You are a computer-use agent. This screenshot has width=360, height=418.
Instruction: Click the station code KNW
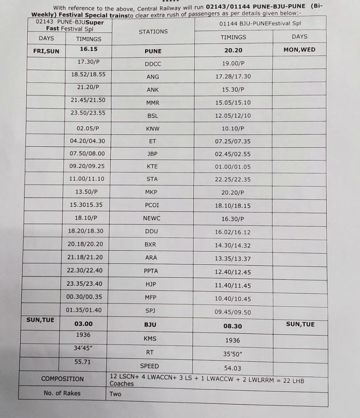tap(153, 128)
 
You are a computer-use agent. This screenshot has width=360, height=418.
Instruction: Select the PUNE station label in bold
tap(153, 51)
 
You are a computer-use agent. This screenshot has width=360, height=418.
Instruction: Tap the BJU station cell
tap(151, 325)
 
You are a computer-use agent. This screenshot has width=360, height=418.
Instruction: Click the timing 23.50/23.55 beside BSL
tap(88, 113)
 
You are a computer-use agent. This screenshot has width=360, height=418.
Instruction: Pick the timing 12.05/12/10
tap(233, 116)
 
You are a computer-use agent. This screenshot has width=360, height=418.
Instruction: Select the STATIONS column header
tap(153, 31)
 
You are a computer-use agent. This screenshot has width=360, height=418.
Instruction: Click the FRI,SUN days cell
tap(46, 51)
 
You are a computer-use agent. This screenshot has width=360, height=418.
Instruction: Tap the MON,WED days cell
tap(299, 50)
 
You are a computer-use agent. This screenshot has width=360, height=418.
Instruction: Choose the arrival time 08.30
tap(233, 326)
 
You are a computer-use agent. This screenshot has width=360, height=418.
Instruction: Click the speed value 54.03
tap(233, 368)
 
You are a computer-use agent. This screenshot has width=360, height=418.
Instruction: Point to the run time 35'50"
tap(233, 354)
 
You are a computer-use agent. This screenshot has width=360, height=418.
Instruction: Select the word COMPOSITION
tap(63, 379)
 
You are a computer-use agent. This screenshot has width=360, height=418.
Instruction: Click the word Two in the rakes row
tap(115, 394)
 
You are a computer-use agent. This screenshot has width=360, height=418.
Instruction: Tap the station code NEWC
tap(152, 218)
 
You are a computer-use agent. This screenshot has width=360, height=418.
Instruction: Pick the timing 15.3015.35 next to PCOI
tap(86, 205)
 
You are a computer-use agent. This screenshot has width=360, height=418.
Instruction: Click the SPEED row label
tap(149, 366)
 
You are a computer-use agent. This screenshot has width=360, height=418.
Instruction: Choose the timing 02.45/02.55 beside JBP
tap(233, 154)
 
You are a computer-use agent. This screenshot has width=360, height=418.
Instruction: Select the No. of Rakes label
tap(62, 393)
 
